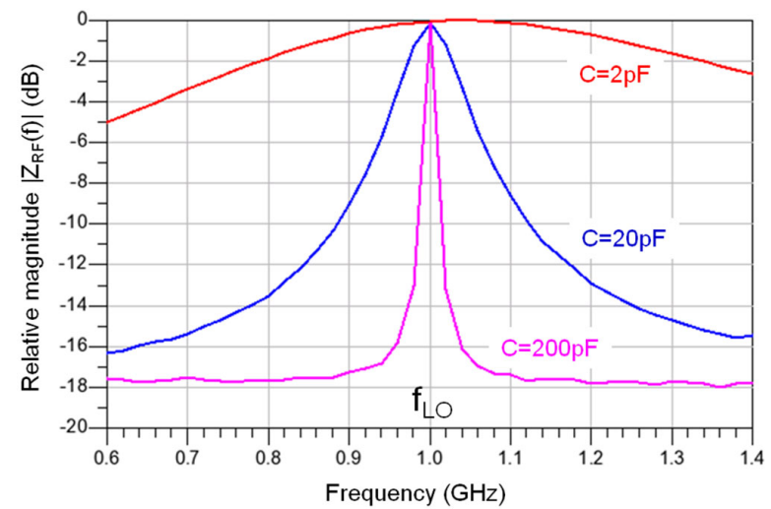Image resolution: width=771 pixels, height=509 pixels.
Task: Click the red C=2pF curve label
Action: [616, 70]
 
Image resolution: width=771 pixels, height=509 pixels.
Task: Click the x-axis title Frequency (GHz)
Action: [429, 489]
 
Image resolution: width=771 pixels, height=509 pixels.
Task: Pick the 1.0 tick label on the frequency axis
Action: [430, 456]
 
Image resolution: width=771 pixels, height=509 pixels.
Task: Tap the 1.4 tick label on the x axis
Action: [753, 456]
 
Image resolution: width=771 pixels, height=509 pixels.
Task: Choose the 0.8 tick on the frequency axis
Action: [268, 456]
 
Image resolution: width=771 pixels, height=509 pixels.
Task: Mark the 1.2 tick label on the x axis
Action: [592, 456]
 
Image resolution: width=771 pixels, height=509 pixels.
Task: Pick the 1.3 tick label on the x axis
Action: [673, 456]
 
